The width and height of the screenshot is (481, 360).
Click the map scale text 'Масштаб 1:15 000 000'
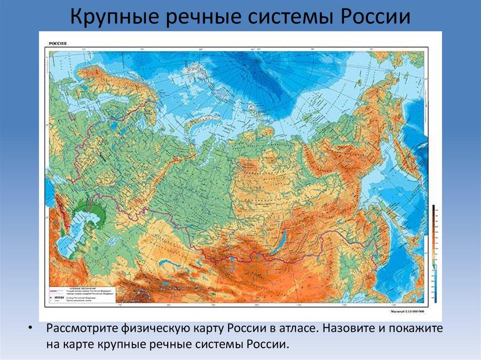[407, 311]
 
